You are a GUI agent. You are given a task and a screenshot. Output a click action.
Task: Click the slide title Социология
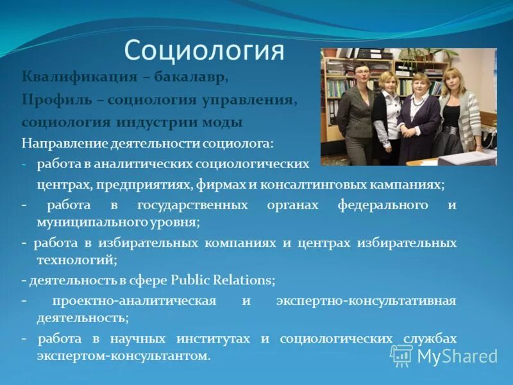(x=204, y=51)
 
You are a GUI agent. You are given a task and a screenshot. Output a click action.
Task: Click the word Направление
(x=60, y=142)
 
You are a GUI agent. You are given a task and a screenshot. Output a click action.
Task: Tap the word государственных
(x=192, y=206)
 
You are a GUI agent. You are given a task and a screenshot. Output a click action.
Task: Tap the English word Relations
(x=241, y=280)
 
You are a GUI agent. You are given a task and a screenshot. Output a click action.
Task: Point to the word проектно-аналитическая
(x=134, y=301)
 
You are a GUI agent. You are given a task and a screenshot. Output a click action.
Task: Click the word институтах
(x=217, y=339)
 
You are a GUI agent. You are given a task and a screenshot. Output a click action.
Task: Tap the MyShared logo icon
(x=401, y=355)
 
